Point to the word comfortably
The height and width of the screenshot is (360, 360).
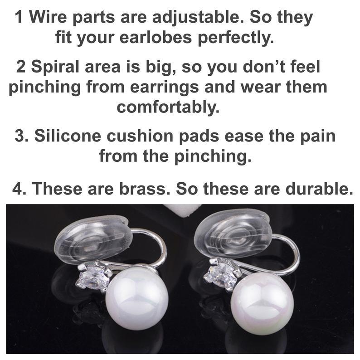[x=168, y=108]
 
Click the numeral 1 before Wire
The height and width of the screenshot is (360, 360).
[x=19, y=18]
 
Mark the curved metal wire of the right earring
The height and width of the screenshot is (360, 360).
[x=295, y=251]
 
